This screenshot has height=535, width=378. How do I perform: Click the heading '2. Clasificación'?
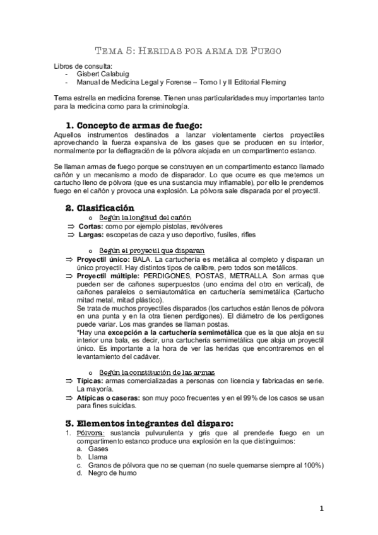click(100, 208)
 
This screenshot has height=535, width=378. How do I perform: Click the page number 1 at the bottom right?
click(321, 509)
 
